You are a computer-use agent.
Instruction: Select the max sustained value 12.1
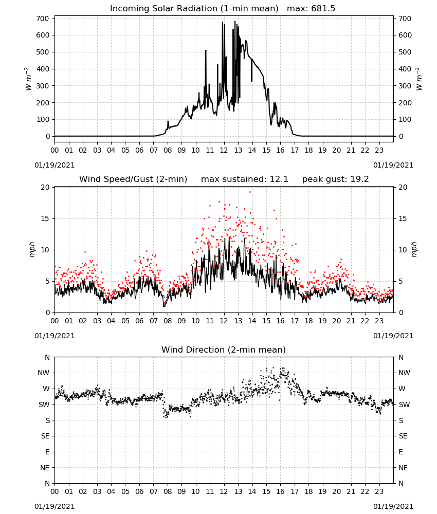[x=279, y=179]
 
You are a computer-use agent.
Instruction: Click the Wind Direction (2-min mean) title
[x=224, y=350]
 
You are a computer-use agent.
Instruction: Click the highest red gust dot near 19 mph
[x=250, y=192]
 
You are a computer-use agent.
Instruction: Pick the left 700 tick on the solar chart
[x=43, y=19]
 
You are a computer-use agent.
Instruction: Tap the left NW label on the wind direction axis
[x=44, y=373]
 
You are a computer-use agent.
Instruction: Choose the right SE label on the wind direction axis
[x=403, y=436]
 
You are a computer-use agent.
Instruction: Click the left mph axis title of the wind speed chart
[x=32, y=249]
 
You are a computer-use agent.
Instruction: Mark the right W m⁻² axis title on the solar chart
[x=418, y=79]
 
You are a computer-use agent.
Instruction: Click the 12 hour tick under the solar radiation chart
[x=224, y=150]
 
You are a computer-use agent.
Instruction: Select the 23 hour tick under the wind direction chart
[x=379, y=491]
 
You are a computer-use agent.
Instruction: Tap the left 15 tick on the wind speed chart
[x=45, y=218]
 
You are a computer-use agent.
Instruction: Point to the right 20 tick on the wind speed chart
[x=403, y=187]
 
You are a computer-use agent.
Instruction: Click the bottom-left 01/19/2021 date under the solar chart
[x=54, y=165]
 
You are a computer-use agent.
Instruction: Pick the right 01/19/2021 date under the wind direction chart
[x=393, y=506]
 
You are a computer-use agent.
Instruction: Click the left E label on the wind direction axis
[x=47, y=452]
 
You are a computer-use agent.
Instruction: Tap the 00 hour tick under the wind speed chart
[x=54, y=321]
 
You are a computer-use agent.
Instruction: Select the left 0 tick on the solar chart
[x=48, y=136]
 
